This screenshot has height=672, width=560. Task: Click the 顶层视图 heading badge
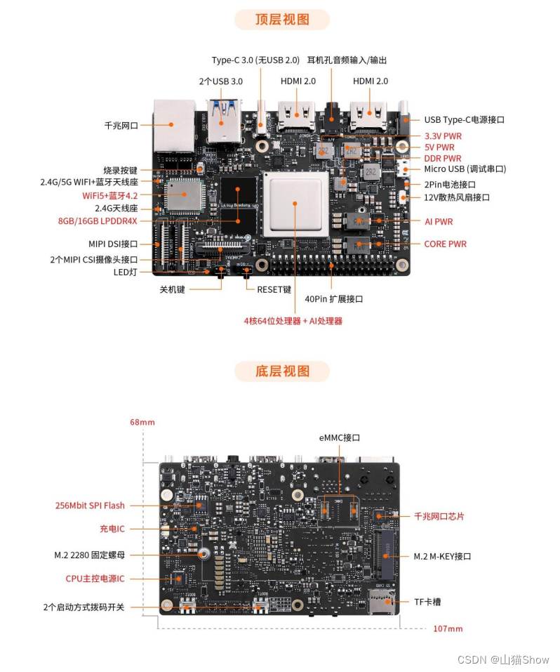(282, 20)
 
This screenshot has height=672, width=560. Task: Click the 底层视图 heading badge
(282, 371)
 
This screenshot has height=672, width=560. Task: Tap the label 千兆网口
(121, 126)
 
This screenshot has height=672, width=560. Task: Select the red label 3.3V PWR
(443, 136)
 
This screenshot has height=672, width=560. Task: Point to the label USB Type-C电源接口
(464, 120)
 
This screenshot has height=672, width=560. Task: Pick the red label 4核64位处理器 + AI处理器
(293, 321)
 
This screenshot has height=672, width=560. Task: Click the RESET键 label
(273, 289)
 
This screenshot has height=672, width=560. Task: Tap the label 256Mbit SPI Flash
(90, 506)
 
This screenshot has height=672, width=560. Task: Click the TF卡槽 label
(427, 602)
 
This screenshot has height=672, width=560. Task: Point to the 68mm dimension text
(142, 423)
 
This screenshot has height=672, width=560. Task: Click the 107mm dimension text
(448, 628)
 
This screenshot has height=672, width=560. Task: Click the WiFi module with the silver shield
(184, 195)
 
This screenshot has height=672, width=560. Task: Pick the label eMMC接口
(339, 437)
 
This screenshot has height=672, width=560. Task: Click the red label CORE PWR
(445, 244)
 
